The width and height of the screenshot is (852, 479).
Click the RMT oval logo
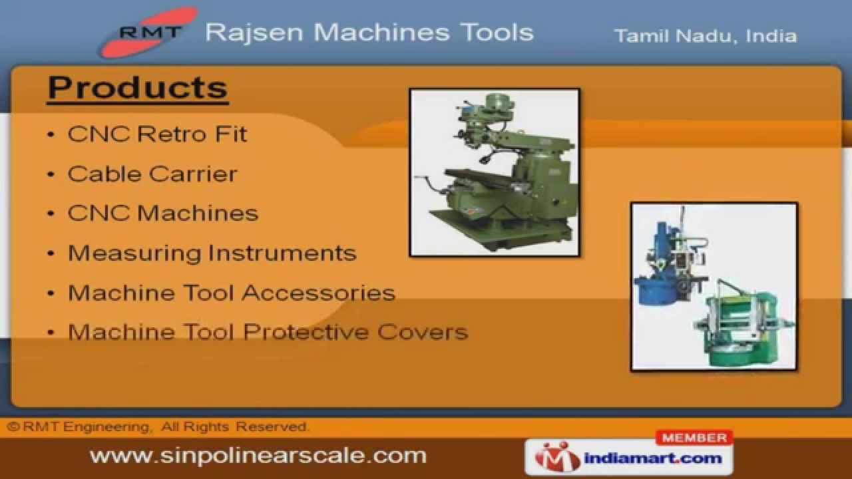149,32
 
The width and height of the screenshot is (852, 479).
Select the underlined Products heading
138,88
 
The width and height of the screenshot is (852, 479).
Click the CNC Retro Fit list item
157,134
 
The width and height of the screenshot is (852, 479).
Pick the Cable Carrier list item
152,174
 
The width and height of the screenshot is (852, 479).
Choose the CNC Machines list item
163,214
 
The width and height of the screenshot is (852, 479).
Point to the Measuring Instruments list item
212,253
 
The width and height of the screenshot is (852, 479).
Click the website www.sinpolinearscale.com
258,456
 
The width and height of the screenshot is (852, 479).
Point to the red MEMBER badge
694,438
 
